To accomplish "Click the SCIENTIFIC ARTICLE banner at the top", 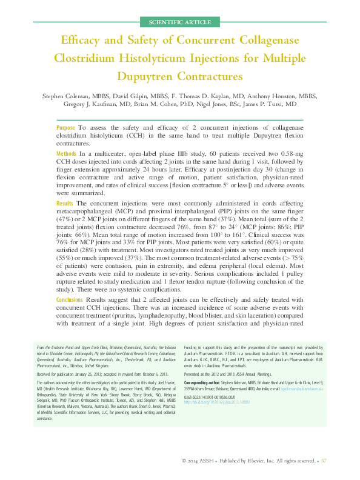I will (x=179, y=22).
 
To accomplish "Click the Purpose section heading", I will (x=65, y=128).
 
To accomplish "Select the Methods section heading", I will (x=67, y=155).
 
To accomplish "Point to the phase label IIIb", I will (x=171, y=155).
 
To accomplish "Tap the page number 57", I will (x=324, y=461).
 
